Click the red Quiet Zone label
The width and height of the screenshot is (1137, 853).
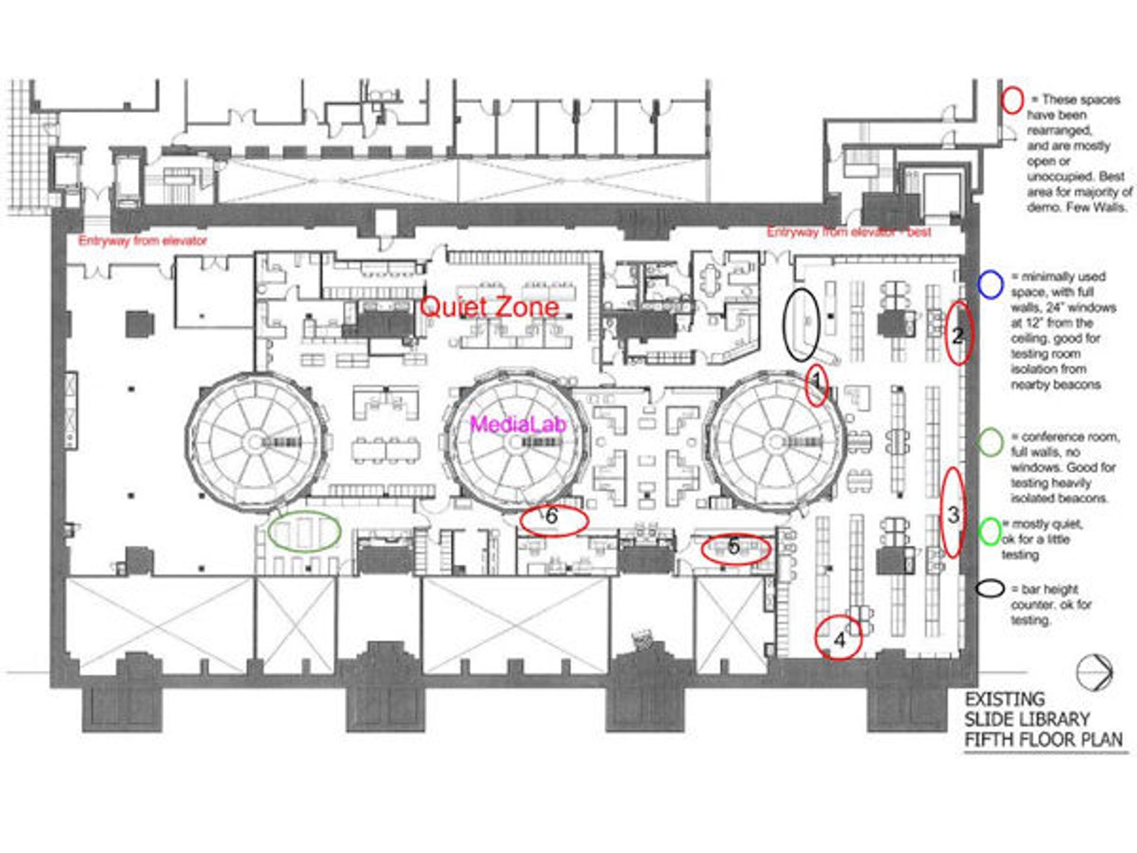point(489,307)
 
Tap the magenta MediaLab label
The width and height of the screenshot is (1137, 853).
point(518,424)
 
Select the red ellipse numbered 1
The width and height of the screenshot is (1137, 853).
point(816,385)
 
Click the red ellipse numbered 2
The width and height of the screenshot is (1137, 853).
point(958,333)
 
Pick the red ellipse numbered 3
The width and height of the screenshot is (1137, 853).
point(952,513)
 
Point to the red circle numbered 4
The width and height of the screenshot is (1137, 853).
point(839,637)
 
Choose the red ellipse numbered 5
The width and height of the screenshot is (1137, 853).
point(735,549)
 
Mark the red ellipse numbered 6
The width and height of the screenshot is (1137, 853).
point(553,520)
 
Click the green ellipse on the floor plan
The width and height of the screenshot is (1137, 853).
point(304,531)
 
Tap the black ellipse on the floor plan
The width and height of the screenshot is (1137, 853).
point(801,324)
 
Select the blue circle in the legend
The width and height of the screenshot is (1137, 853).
point(990,284)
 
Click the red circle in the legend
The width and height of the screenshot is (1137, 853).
point(1012,100)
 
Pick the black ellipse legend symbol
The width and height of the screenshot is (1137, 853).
point(990,589)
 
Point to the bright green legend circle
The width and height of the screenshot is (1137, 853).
point(989,531)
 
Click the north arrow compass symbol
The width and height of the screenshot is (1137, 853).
point(1094,672)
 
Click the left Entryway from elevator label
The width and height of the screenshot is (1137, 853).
point(143,241)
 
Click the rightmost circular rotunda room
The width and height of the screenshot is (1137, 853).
point(776,442)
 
